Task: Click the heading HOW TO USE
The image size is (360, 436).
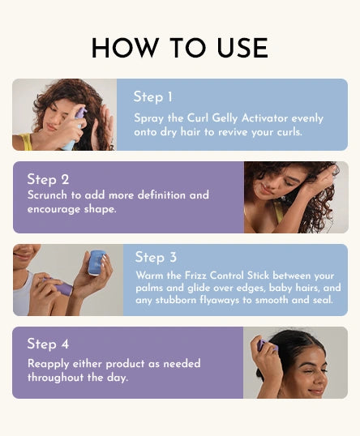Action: pyautogui.click(x=180, y=48)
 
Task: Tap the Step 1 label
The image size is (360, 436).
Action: pyautogui.click(x=153, y=97)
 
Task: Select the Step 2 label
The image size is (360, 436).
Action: pyautogui.click(x=48, y=179)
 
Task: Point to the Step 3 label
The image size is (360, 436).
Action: pyautogui.click(x=156, y=257)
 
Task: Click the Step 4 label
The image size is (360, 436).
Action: pyautogui.click(x=48, y=344)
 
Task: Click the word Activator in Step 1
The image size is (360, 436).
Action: pyautogui.click(x=264, y=118)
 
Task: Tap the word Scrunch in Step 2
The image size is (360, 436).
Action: pyautogui.click(x=47, y=195)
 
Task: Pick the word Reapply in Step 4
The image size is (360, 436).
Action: pyautogui.click(x=49, y=364)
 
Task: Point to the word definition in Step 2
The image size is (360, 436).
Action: pyautogui.click(x=161, y=195)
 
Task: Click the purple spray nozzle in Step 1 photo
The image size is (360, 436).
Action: pyautogui.click(x=80, y=113)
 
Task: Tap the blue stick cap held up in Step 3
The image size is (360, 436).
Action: pyautogui.click(x=96, y=263)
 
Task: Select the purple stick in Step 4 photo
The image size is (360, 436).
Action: pyautogui.click(x=267, y=345)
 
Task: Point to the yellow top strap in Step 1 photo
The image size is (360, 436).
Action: pyautogui.click(x=26, y=142)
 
